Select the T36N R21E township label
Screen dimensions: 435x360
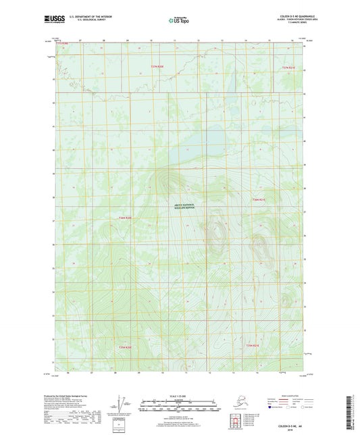point(260,200)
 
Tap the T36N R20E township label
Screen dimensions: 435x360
point(126,217)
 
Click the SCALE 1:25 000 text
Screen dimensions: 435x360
point(179,394)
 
